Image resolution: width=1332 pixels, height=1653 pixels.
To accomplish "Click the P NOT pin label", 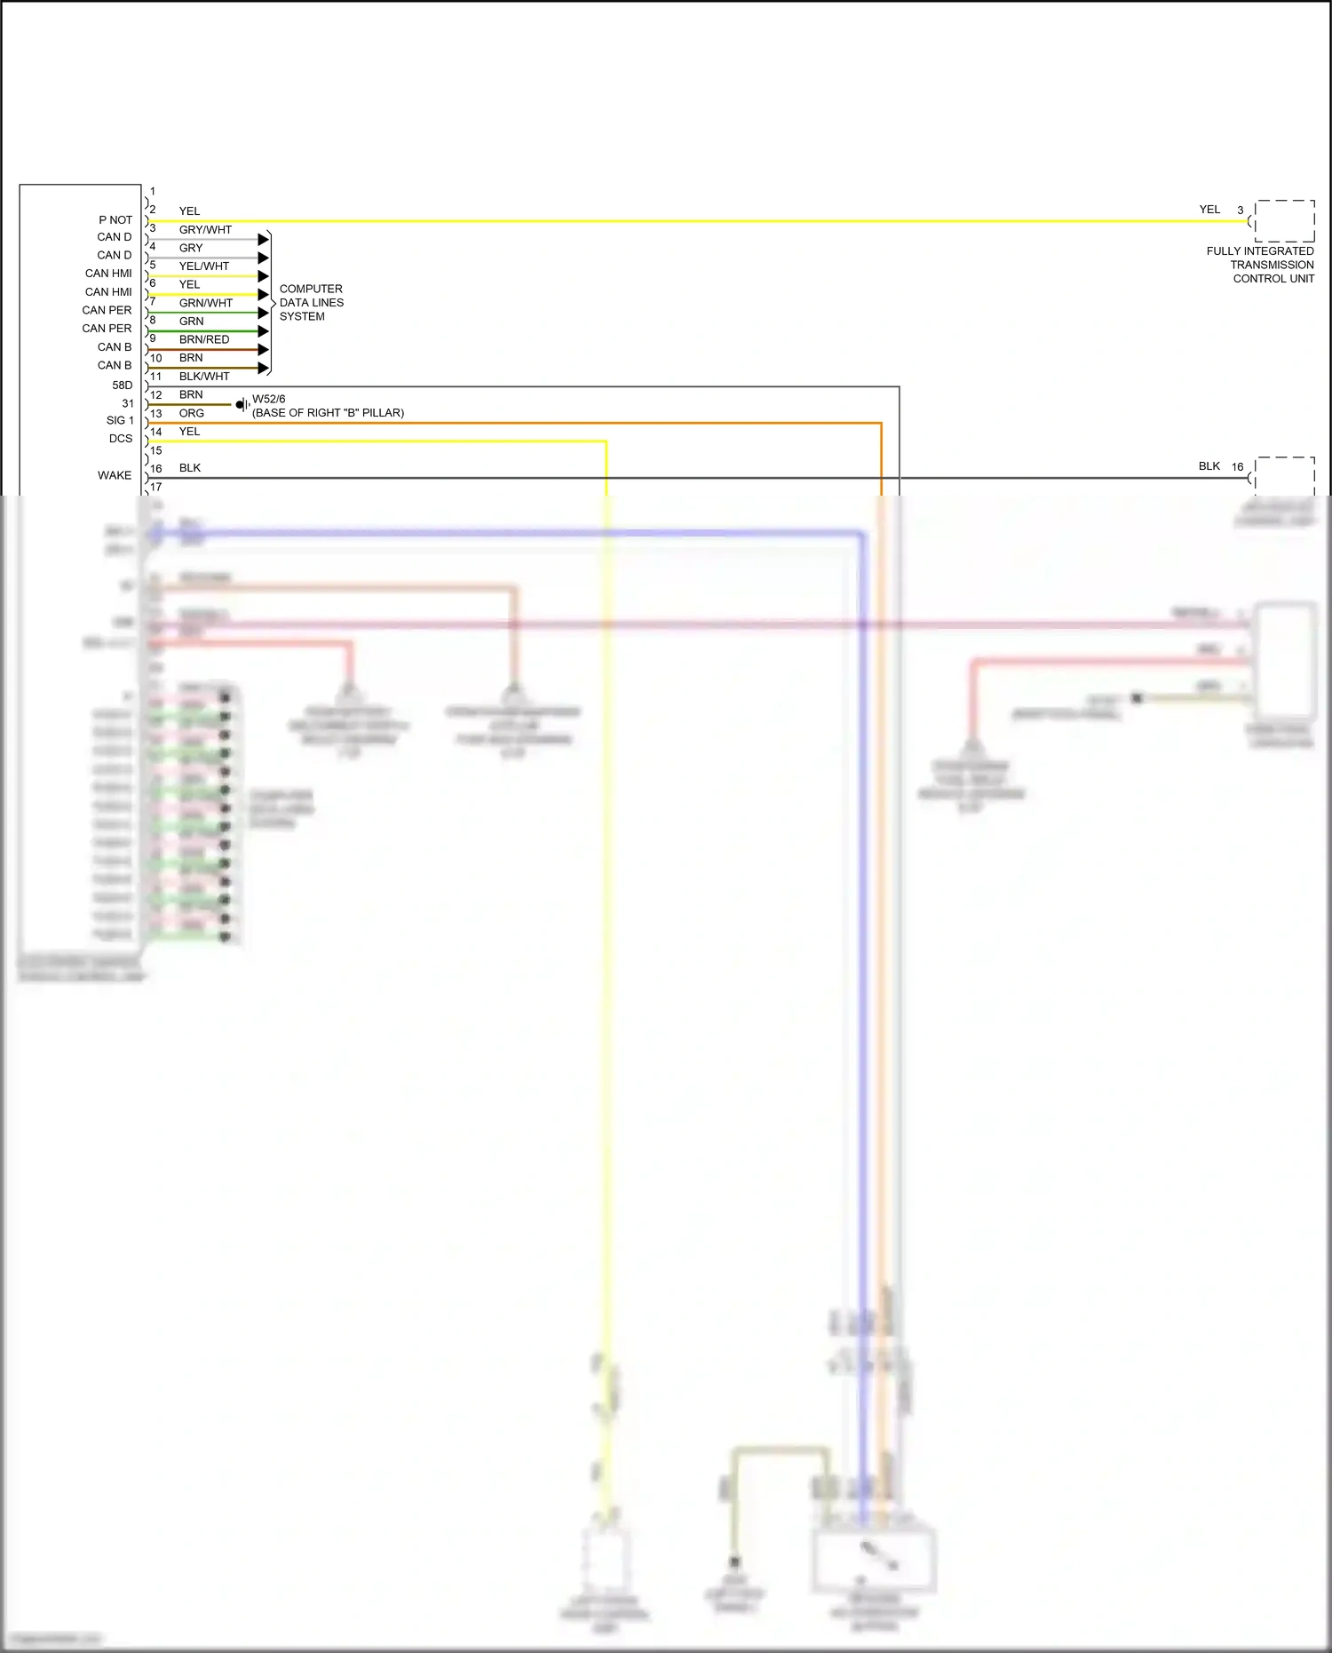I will pyautogui.click(x=115, y=219).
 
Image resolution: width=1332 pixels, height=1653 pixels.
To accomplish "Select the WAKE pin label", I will pyautogui.click(x=115, y=475).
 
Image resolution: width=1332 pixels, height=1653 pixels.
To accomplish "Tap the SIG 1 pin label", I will pyautogui.click(x=120, y=420).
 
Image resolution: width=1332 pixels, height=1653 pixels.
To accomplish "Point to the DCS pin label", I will pyautogui.click(x=121, y=439).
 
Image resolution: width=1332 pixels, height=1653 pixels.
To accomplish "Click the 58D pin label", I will pyautogui.click(x=123, y=385).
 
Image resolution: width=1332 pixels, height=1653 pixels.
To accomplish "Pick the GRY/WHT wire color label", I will pyautogui.click(x=205, y=229).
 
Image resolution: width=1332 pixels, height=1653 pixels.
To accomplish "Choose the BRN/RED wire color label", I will pyautogui.click(x=204, y=339).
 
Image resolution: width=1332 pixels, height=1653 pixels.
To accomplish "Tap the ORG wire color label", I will pyautogui.click(x=192, y=413).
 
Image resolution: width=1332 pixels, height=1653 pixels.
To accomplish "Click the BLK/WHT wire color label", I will pyautogui.click(x=204, y=377).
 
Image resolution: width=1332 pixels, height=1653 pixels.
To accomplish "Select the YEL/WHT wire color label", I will pyautogui.click(x=204, y=266).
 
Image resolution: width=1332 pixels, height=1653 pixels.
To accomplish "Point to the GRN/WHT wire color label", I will pyautogui.click(x=206, y=303).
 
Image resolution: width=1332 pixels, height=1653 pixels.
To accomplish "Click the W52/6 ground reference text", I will pyautogui.click(x=269, y=400).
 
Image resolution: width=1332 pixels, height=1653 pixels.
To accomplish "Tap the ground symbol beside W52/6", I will pyautogui.click(x=242, y=405).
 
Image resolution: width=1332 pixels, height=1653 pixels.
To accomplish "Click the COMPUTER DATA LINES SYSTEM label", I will pyautogui.click(x=311, y=303).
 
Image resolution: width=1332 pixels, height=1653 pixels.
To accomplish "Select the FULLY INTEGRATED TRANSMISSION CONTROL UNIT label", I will pyautogui.click(x=1260, y=265).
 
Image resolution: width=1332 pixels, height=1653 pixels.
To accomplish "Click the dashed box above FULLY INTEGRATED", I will pyautogui.click(x=1284, y=220).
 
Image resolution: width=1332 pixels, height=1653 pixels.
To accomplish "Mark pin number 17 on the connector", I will pyautogui.click(x=156, y=487).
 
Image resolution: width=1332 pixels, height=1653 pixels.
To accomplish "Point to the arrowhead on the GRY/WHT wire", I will pyautogui.click(x=263, y=240).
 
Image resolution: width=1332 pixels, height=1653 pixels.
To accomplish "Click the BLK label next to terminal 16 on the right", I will pyautogui.click(x=1209, y=466).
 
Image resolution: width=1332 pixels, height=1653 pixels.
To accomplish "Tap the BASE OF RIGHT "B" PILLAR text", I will pyautogui.click(x=329, y=413).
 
